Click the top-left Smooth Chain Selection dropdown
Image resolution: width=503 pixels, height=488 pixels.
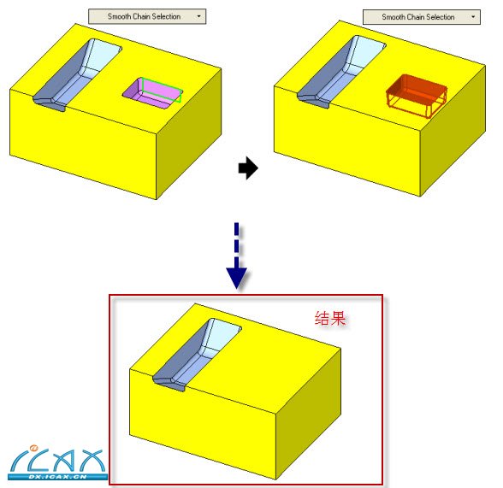[147, 16]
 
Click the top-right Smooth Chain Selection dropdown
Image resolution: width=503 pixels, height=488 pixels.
[422, 17]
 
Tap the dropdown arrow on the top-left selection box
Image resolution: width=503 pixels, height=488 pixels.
[198, 16]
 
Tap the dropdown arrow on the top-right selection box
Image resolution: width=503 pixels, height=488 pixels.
[473, 17]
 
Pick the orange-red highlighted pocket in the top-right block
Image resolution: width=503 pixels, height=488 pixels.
[417, 96]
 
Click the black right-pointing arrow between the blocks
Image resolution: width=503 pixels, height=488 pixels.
[248, 168]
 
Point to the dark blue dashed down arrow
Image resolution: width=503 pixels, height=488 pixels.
[236, 256]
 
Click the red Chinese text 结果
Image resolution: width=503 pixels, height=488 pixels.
[330, 318]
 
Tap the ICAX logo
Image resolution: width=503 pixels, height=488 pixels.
[58, 462]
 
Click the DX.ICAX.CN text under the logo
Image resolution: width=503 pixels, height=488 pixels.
[58, 477]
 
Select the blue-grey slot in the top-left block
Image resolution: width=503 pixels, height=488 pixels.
[77, 75]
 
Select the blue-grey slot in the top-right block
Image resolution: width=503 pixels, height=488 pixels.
[341, 72]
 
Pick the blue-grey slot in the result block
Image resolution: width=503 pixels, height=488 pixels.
[197, 355]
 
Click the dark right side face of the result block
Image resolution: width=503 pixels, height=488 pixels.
[309, 414]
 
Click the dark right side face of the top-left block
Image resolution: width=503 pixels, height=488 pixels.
[189, 133]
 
